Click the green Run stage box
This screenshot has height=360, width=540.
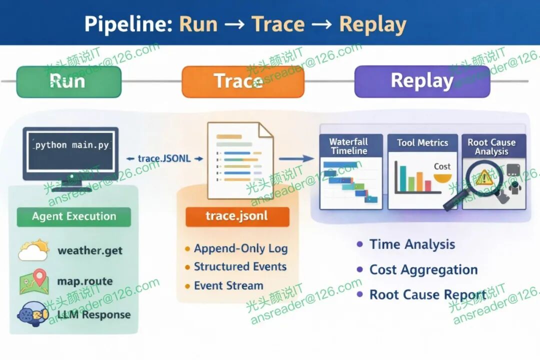pos(69,81)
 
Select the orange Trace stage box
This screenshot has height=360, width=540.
pos(242,81)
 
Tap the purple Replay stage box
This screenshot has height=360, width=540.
pos(422,81)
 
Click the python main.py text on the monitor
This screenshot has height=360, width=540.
pos(71,145)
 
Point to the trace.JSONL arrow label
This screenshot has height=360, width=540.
pos(164,158)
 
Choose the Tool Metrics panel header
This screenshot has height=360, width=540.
pos(422,143)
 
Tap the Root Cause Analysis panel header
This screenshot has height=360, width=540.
pos(491,146)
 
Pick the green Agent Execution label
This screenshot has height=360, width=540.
pos(74,216)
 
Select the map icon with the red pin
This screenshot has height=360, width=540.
pos(33,282)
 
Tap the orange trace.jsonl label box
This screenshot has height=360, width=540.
pos(237,216)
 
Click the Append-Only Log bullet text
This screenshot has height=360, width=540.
pos(240,248)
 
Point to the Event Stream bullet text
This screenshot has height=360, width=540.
pos(228,286)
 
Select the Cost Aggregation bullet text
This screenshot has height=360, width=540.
pos(423,270)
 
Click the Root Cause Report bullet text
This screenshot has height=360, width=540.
pos(428,294)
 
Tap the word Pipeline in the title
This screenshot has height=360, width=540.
pos(127,24)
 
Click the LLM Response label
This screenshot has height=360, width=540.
pos(93,314)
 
